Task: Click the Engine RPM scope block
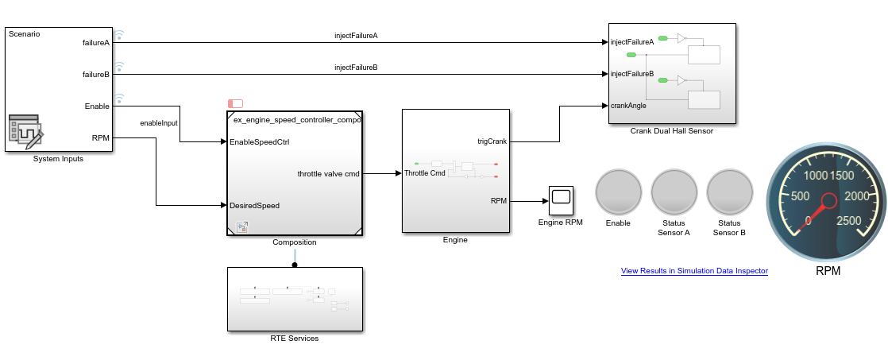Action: (x=561, y=200)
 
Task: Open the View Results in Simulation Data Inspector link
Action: (x=694, y=271)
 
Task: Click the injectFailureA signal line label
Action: (x=356, y=36)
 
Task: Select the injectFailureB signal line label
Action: (x=356, y=68)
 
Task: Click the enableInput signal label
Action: (x=159, y=123)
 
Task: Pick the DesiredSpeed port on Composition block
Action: (x=254, y=205)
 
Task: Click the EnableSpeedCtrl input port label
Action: (x=259, y=142)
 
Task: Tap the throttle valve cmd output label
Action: (x=328, y=173)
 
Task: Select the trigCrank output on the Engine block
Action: (x=492, y=141)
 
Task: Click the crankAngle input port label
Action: (x=628, y=105)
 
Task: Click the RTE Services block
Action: (x=295, y=299)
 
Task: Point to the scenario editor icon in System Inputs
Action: (x=25, y=131)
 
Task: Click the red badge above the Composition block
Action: (x=235, y=103)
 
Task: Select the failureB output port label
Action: (x=96, y=74)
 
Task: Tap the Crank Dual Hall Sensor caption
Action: (x=671, y=131)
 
